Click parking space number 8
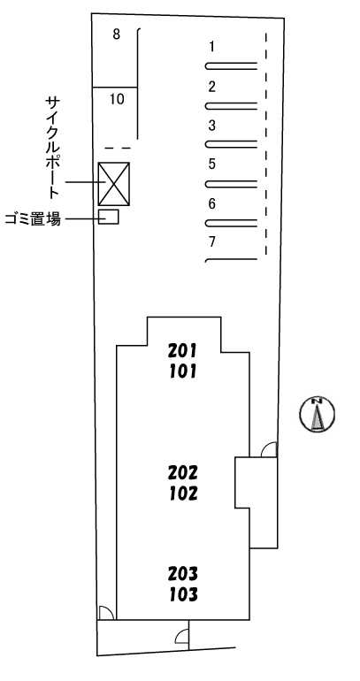(116, 34)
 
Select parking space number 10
(117, 99)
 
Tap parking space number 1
(212, 47)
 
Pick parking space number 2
(212, 87)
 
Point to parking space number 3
(212, 126)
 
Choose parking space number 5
(212, 165)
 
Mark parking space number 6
(212, 203)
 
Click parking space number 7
(212, 241)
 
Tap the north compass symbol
(318, 414)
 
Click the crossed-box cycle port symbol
(114, 184)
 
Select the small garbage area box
(109, 217)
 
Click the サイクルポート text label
(52, 148)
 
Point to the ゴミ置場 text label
(33, 219)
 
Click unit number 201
(183, 350)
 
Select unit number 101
(183, 371)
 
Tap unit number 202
(183, 471)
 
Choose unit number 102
(183, 493)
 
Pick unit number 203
(183, 573)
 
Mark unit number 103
(183, 594)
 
